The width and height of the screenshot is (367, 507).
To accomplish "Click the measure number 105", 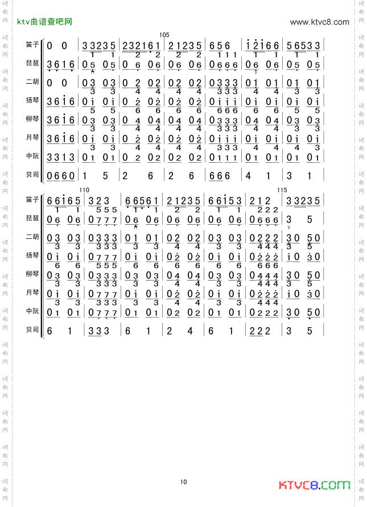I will click(x=165, y=35).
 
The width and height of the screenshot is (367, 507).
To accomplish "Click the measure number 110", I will click(x=84, y=190).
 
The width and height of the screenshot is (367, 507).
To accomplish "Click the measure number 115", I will click(x=282, y=190).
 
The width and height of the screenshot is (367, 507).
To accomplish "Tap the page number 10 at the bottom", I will click(x=183, y=482).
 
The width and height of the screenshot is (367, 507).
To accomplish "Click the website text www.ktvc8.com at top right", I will click(x=319, y=22).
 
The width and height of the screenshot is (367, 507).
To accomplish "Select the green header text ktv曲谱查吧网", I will click(x=45, y=22).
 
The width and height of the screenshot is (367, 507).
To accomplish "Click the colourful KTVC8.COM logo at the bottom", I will click(x=314, y=485).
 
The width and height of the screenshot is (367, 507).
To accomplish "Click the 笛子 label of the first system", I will click(x=32, y=44).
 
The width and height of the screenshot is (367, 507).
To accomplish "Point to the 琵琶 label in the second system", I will click(x=32, y=219).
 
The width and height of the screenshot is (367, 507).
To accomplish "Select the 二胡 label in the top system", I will click(x=32, y=82).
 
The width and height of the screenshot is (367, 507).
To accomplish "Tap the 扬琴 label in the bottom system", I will click(x=32, y=255).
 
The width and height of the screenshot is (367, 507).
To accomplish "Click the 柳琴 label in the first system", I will click(x=32, y=119).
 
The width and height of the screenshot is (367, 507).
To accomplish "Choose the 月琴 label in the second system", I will click(x=32, y=292).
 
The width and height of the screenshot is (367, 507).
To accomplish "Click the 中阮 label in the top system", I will click(x=32, y=156).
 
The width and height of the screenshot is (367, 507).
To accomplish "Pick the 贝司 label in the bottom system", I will click(x=32, y=329).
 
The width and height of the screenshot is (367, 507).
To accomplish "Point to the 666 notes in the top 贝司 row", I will click(x=220, y=176).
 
